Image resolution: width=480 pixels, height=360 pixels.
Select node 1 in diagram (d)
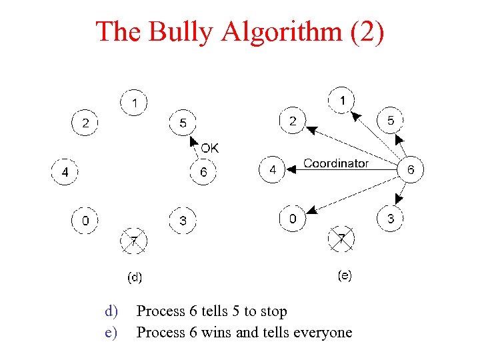tap(135, 103)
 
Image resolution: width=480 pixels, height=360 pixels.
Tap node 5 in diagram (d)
tap(183, 123)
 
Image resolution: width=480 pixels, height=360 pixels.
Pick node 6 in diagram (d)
tap(203, 173)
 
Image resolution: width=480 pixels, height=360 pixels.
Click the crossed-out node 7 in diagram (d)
tap(133, 240)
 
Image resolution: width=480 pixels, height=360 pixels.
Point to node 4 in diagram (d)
tap(65, 173)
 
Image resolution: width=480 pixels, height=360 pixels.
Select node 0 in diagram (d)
tap(85, 221)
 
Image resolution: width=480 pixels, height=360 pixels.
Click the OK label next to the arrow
tap(209, 148)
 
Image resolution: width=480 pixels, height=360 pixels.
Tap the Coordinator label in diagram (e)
tap(336, 163)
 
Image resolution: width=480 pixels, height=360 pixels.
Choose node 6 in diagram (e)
tap(410, 169)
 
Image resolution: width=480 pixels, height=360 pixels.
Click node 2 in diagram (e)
tap(293, 121)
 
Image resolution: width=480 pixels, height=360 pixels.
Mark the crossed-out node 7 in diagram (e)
tap(341, 239)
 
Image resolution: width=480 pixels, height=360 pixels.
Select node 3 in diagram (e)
tap(391, 218)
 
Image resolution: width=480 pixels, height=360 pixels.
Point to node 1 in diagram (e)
tap(342, 101)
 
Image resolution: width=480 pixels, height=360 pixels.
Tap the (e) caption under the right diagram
tap(345, 275)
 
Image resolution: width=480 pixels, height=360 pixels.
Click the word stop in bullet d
tap(273, 311)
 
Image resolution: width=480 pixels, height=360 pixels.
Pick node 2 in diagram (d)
tap(85, 123)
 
